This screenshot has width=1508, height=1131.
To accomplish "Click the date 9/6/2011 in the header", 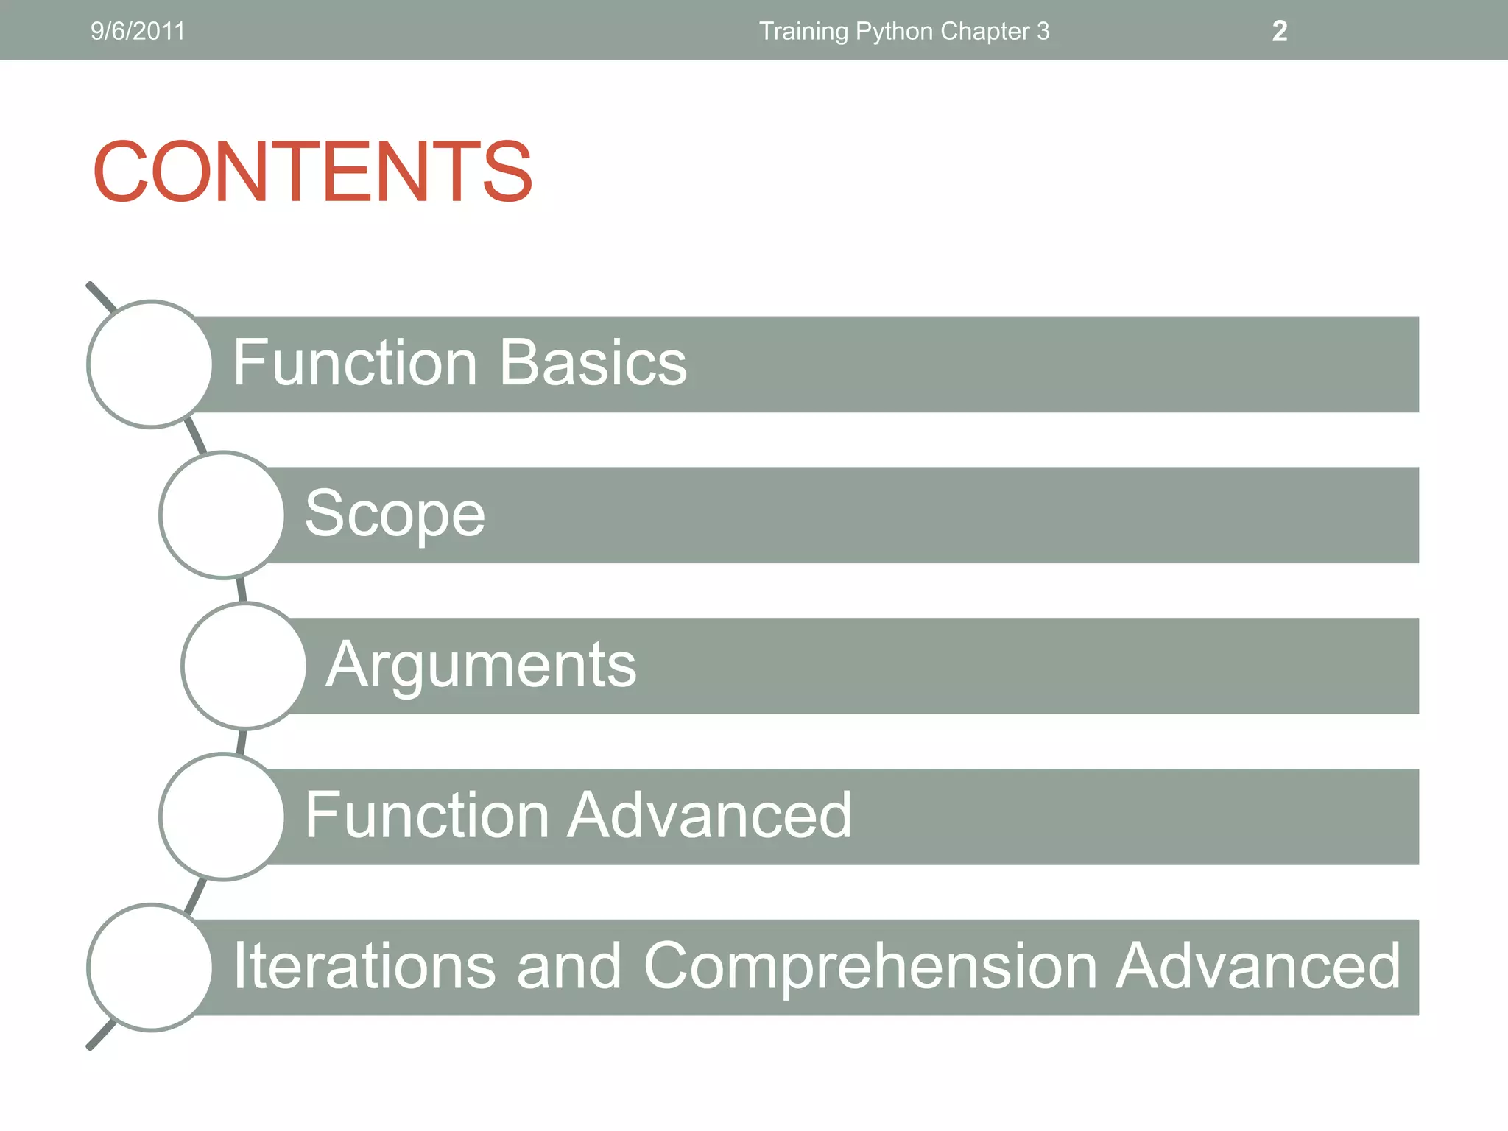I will tap(138, 31).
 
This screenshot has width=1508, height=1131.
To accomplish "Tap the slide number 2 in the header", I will tap(1280, 31).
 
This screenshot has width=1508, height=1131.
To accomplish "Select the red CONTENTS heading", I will tap(313, 171).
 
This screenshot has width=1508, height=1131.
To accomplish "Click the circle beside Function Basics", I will tap(150, 364).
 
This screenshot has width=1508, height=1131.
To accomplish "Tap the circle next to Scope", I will tap(222, 515).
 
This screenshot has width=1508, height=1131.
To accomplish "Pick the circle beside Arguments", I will tap(244, 666).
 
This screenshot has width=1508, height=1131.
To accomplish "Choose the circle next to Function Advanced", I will tap(222, 817).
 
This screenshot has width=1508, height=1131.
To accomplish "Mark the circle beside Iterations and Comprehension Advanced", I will tap(150, 967).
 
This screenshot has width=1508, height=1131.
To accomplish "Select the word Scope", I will tap(395, 514).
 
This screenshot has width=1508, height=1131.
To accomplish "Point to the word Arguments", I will tap(481, 666).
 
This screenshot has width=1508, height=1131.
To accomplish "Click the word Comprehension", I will tap(871, 967).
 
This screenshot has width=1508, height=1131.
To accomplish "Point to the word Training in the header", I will tap(803, 32).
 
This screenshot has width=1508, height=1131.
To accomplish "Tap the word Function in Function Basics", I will tap(355, 363).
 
